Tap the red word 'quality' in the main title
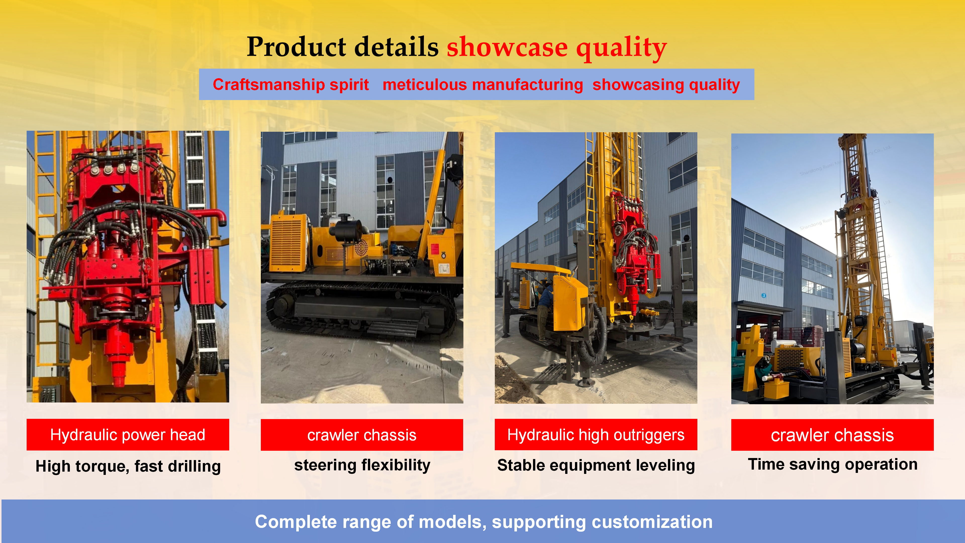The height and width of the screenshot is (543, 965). (x=621, y=48)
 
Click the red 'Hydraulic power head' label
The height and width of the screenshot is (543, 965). (x=128, y=435)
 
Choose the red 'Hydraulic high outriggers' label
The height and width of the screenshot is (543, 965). (x=596, y=435)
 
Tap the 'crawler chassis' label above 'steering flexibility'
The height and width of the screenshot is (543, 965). (x=362, y=435)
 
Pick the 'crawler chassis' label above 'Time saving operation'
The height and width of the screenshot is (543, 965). (x=832, y=435)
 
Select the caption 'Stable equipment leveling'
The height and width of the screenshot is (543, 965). (x=596, y=465)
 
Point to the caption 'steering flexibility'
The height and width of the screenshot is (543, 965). (x=362, y=465)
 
